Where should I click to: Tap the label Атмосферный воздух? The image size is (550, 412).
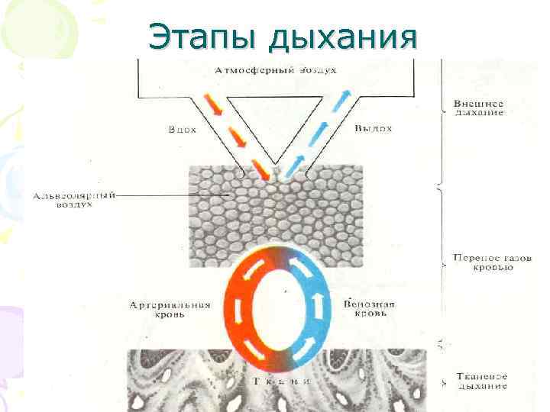pyautogui.click(x=276, y=70)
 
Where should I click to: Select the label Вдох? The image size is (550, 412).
pyautogui.click(x=182, y=130)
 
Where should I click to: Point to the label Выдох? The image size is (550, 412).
pyautogui.click(x=374, y=128)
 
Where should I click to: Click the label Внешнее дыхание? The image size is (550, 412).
pyautogui.click(x=478, y=108)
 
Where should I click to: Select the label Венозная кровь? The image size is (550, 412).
pyautogui.click(x=370, y=310)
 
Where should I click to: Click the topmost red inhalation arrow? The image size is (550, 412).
pyautogui.click(x=216, y=106)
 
